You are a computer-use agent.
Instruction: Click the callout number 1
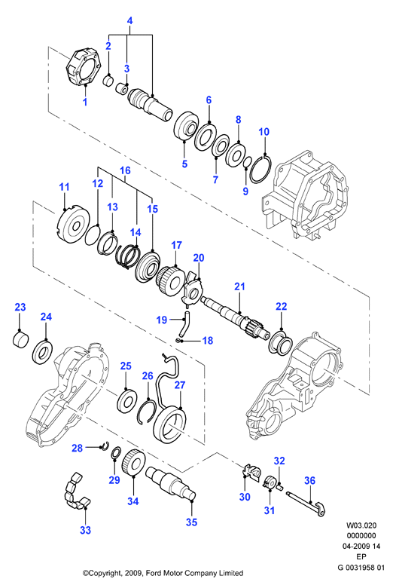[x=85, y=101]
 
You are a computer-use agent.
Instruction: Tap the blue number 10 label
[x=263, y=132]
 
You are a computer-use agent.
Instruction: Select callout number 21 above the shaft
[x=239, y=286]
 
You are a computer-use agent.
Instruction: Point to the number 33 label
[x=85, y=530]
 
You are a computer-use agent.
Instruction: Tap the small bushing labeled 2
[x=108, y=80]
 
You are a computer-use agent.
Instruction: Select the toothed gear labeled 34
[x=134, y=462]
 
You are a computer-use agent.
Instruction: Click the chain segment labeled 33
[x=76, y=492]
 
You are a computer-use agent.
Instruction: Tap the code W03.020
[x=361, y=525]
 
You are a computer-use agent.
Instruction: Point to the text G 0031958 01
[x=361, y=568]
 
